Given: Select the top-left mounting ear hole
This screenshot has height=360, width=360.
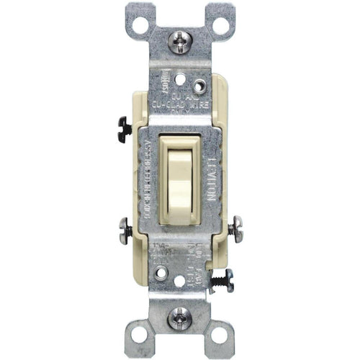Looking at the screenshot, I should (x=140, y=27).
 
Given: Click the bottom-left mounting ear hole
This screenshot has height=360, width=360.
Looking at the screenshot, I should (x=140, y=336).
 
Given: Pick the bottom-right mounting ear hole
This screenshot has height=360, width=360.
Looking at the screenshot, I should (x=220, y=335).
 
